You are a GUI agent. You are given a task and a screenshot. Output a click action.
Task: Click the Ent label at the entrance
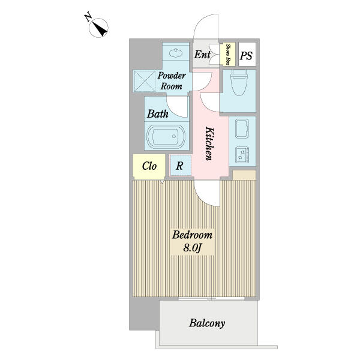(x=202, y=55)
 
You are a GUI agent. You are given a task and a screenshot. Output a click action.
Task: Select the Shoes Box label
(x=229, y=55)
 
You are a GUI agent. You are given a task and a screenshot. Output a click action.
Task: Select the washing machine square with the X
(x=144, y=80)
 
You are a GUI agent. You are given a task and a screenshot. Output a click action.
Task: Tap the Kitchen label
(x=209, y=143)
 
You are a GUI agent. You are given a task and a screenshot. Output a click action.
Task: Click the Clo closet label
(x=150, y=166)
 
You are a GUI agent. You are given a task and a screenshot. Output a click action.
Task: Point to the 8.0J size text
(x=192, y=247)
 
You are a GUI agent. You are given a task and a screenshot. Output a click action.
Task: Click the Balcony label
(x=207, y=324)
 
